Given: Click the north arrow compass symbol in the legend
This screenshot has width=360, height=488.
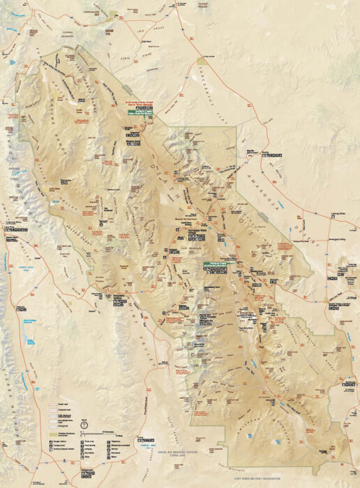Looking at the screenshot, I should coord(84,423).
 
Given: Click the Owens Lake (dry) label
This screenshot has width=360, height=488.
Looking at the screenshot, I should coord(29,266).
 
